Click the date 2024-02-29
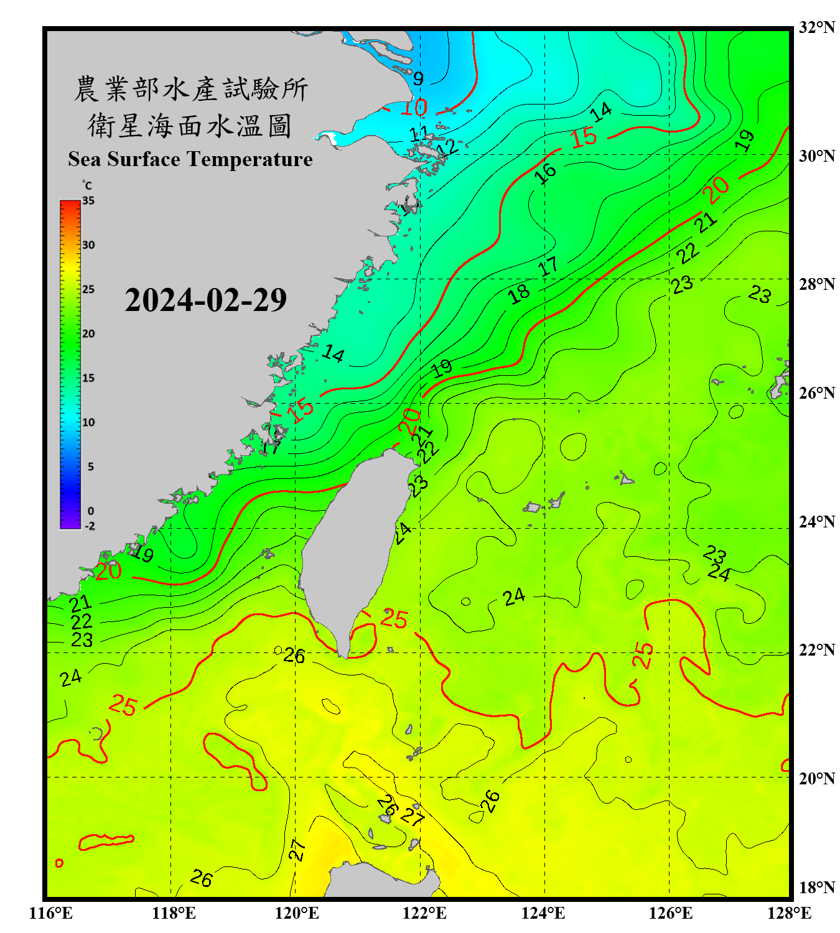tap(205, 300)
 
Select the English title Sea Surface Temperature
tap(190, 159)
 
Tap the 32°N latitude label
tap(816, 27)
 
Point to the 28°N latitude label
tap(816, 284)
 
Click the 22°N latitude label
tap(816, 650)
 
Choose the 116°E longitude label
tap(50, 913)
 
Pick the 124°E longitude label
tap(543, 913)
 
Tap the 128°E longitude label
tap(789, 913)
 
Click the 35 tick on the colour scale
tap(88, 201)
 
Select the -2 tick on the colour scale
tap(89, 526)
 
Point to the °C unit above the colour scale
tap(87, 185)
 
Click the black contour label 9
tap(418, 78)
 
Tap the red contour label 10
tap(414, 108)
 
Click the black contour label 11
tap(419, 133)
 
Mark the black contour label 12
tap(447, 147)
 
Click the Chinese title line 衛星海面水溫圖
tap(190, 126)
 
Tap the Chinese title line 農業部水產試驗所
tap(190, 89)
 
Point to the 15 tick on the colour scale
tap(88, 378)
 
